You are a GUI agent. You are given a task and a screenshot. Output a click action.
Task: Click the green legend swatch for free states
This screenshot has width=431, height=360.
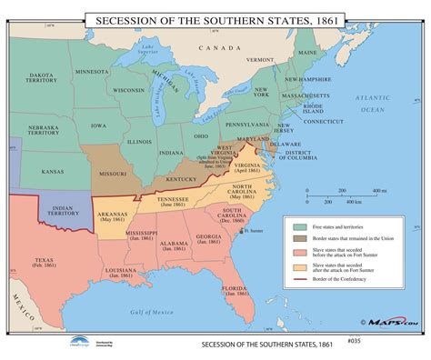click(300, 224)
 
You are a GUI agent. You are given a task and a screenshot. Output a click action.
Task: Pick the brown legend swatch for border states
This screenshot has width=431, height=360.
click(300, 236)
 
